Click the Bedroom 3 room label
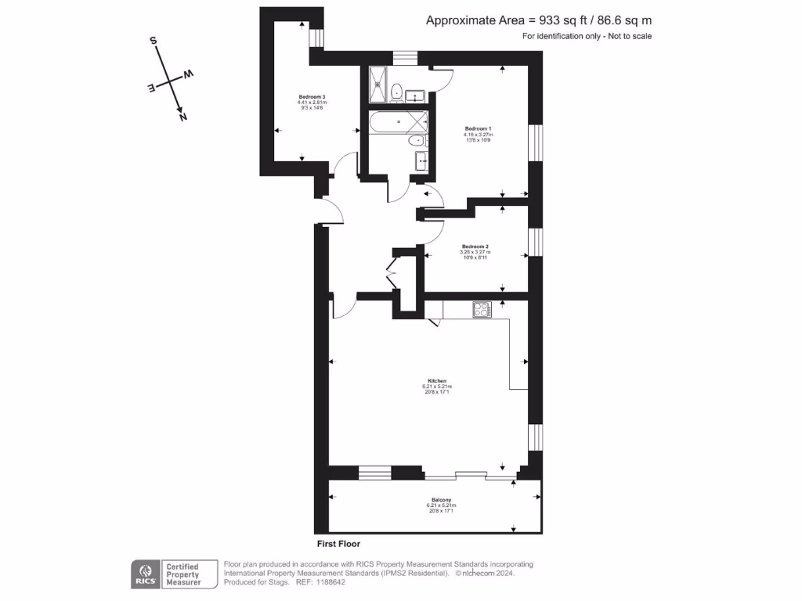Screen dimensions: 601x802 point(311,96)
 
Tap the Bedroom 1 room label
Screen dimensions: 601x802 point(478,128)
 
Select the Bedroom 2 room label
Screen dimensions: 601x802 point(474,247)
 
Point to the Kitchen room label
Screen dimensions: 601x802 point(437,381)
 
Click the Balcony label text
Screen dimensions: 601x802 point(441,500)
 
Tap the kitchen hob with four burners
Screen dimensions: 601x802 point(482,309)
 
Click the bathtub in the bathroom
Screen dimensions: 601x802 point(399,122)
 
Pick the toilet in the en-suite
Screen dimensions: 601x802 point(397,92)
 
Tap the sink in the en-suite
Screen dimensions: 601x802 point(414,96)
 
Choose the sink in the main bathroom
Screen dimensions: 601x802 point(422,161)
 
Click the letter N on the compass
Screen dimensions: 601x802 point(183,117)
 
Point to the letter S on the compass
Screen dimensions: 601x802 point(154,41)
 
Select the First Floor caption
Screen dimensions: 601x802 point(338,543)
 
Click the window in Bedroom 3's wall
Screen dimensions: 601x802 point(316,38)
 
